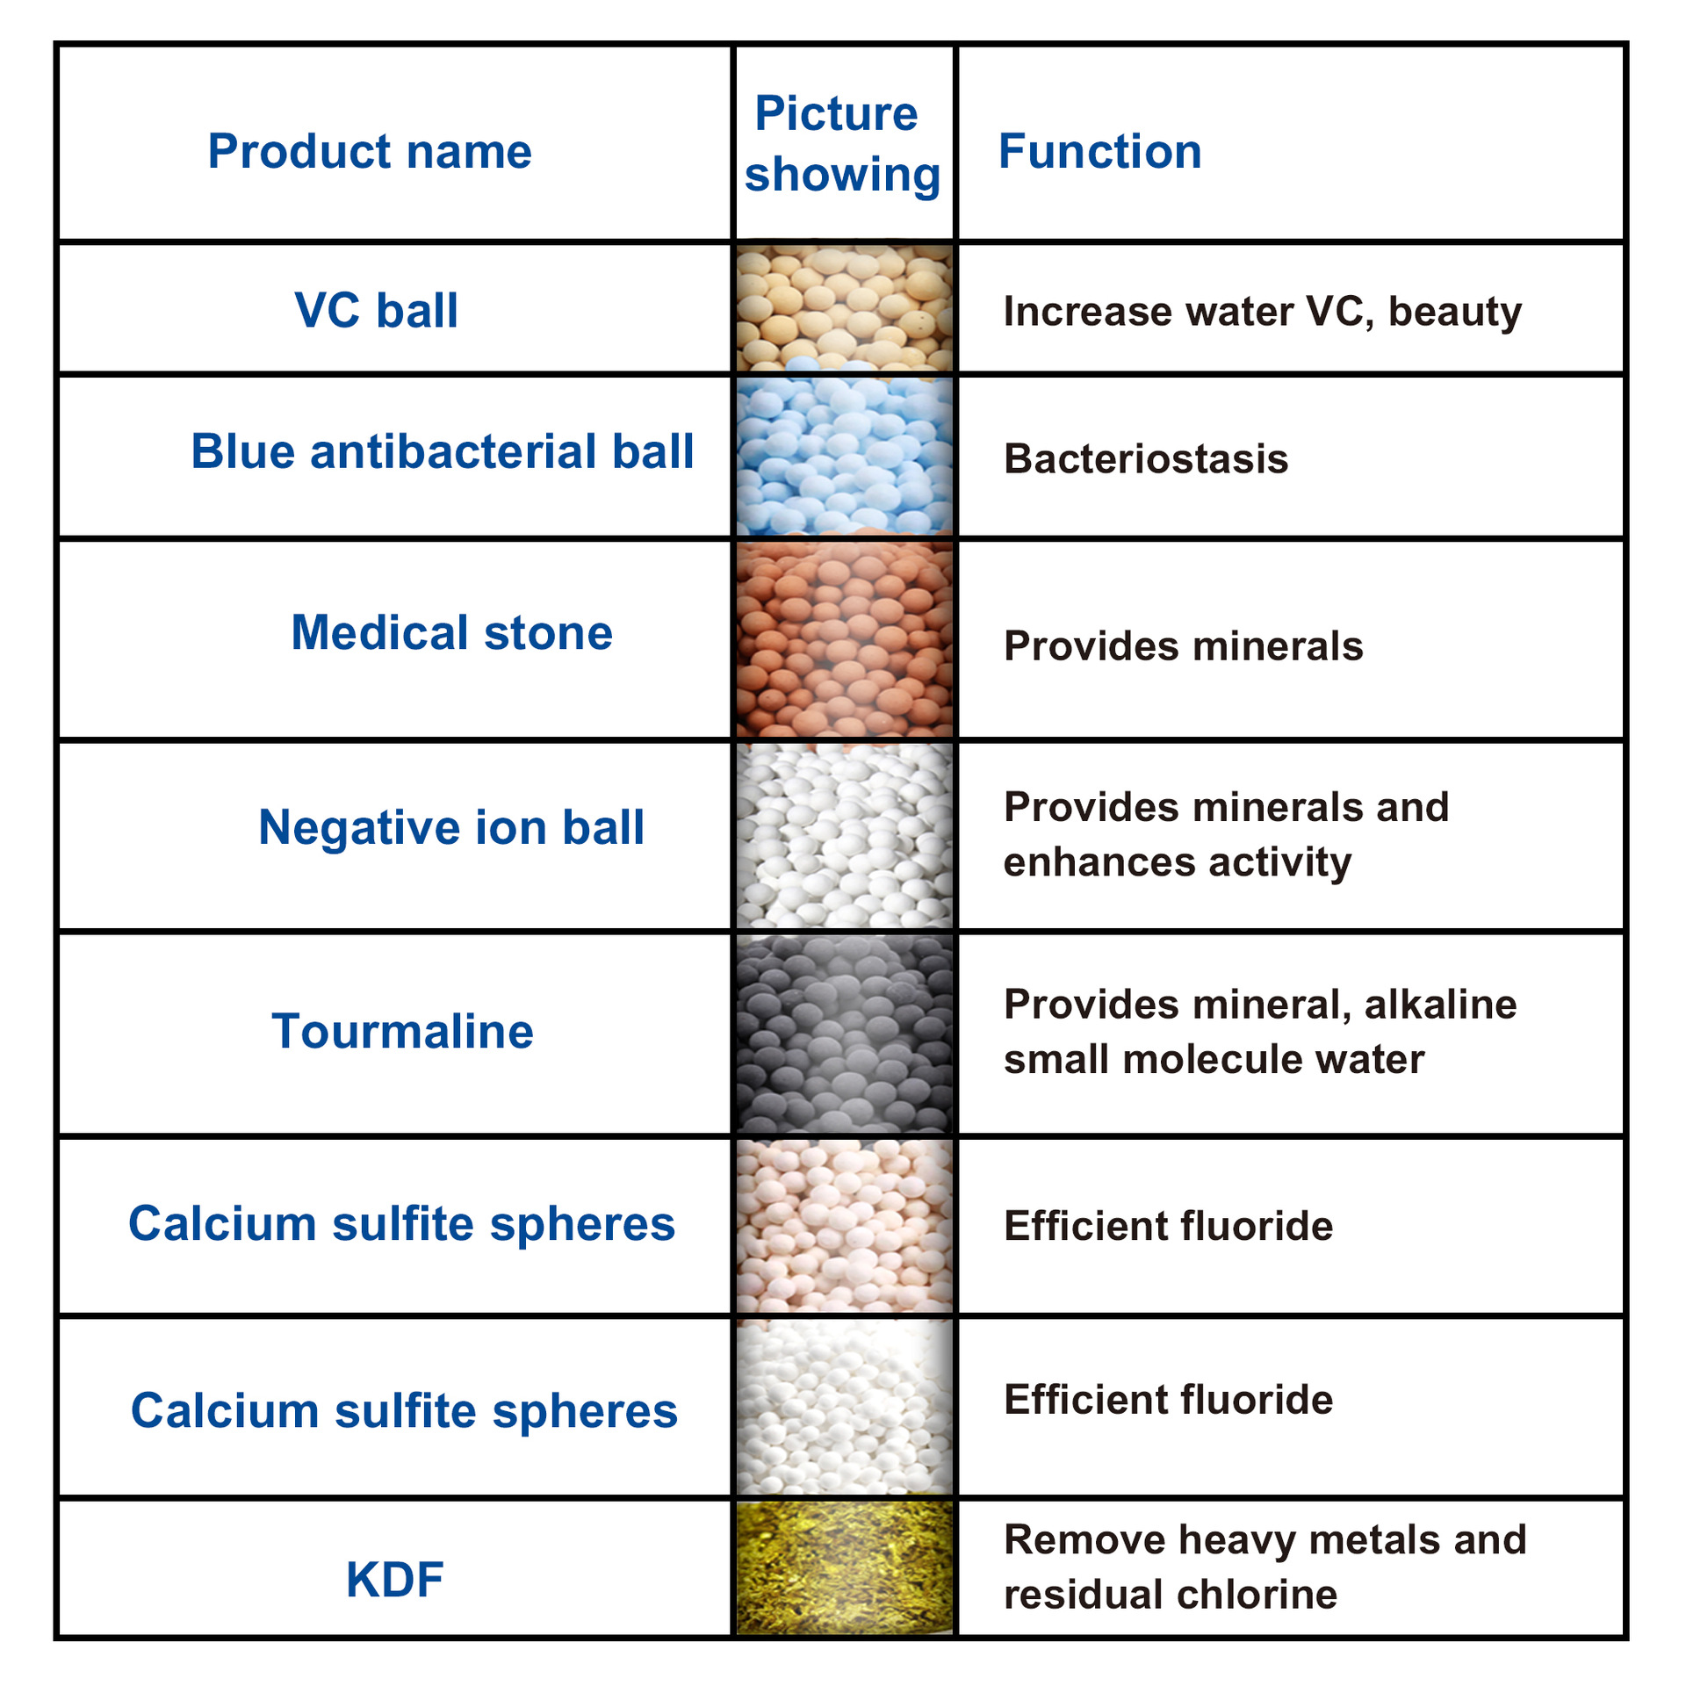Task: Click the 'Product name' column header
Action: coord(370,151)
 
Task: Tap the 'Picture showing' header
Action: coord(841,144)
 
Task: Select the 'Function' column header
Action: coord(1099,151)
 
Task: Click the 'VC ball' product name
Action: coord(376,310)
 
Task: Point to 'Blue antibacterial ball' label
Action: coord(442,451)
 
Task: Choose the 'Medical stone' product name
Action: coord(451,632)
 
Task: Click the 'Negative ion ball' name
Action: coord(451,827)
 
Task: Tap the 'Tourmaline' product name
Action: coord(402,1031)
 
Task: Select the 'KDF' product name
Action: coord(394,1580)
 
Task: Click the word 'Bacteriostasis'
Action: coord(1146,459)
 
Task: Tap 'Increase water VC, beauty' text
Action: coord(1262,312)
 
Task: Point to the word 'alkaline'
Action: coord(1440,1005)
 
